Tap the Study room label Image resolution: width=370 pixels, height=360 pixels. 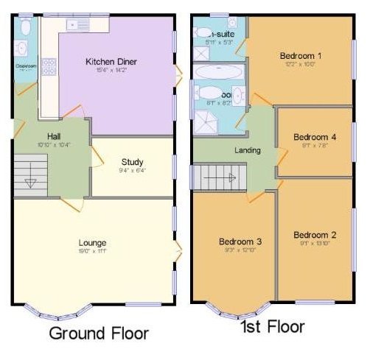pyautogui.click(x=132, y=162)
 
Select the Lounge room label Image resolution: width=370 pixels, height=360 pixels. pyautogui.click(x=93, y=242)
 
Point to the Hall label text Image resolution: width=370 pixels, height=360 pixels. pyautogui.click(x=54, y=136)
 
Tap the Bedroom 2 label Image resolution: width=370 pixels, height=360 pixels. pyautogui.click(x=315, y=235)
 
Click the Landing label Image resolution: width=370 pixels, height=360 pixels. pyautogui.click(x=247, y=151)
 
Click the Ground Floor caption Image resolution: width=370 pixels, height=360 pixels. pyautogui.click(x=99, y=333)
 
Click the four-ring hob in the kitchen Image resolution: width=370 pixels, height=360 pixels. pyautogui.click(x=49, y=68)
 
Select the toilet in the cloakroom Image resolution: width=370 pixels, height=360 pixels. pyautogui.click(x=24, y=27)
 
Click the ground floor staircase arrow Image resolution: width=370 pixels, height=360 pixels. pyautogui.click(x=30, y=183)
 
